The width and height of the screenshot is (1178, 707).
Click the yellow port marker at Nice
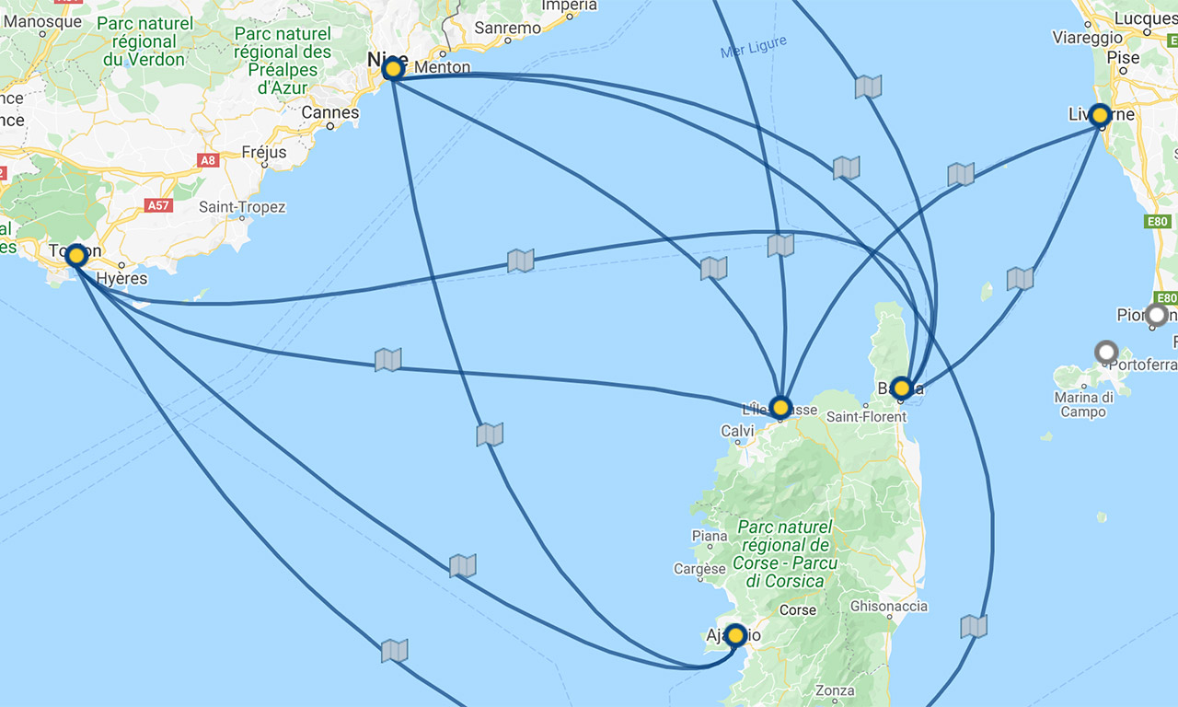coord(393,69)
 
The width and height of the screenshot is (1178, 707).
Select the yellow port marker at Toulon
coord(76,255)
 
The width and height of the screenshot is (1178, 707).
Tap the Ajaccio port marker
coord(735,635)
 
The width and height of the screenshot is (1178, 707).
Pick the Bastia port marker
coord(901,388)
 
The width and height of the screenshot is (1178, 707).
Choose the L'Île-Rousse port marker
coord(780,406)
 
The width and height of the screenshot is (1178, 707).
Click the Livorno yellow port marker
coord(1099,115)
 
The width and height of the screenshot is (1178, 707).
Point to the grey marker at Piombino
coord(1157,315)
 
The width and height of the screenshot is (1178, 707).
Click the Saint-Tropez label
coord(242,207)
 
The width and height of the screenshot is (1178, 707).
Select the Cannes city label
coord(330,112)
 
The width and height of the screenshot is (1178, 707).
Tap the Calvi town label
coord(737,431)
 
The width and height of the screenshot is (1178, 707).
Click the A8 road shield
coord(208,160)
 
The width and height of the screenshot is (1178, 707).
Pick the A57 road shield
coord(158,205)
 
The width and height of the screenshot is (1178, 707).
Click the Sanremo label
coord(508,29)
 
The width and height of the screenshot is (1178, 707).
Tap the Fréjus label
coord(264,152)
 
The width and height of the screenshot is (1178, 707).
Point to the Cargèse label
coord(699,569)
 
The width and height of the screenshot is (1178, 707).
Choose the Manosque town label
coord(42,21)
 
